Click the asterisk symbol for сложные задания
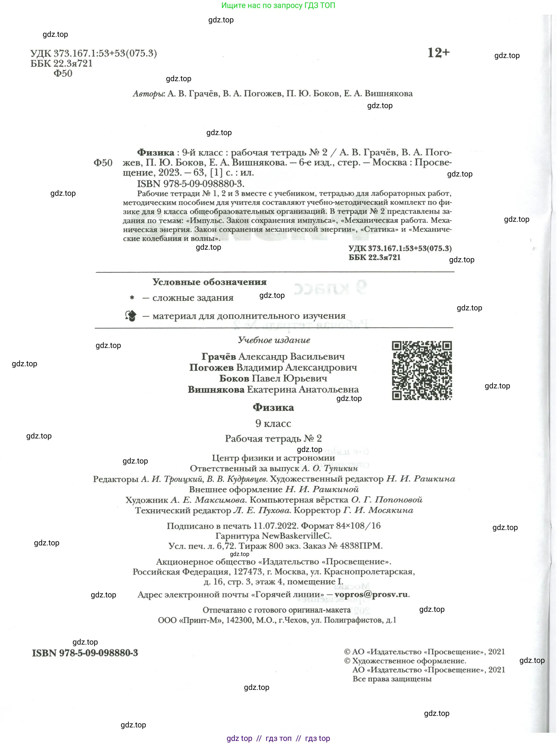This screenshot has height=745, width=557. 132,298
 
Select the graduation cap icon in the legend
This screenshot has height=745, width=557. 131,316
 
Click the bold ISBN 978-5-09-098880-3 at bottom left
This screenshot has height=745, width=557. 85,653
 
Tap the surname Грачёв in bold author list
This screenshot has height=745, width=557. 219,356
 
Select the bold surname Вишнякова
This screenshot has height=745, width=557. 216,390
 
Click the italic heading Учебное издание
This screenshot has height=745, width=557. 274,340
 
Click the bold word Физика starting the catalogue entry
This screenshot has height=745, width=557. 156,153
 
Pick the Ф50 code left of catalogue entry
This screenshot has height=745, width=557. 103,163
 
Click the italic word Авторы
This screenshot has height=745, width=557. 149,94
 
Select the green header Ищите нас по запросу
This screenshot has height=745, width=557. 278,5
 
